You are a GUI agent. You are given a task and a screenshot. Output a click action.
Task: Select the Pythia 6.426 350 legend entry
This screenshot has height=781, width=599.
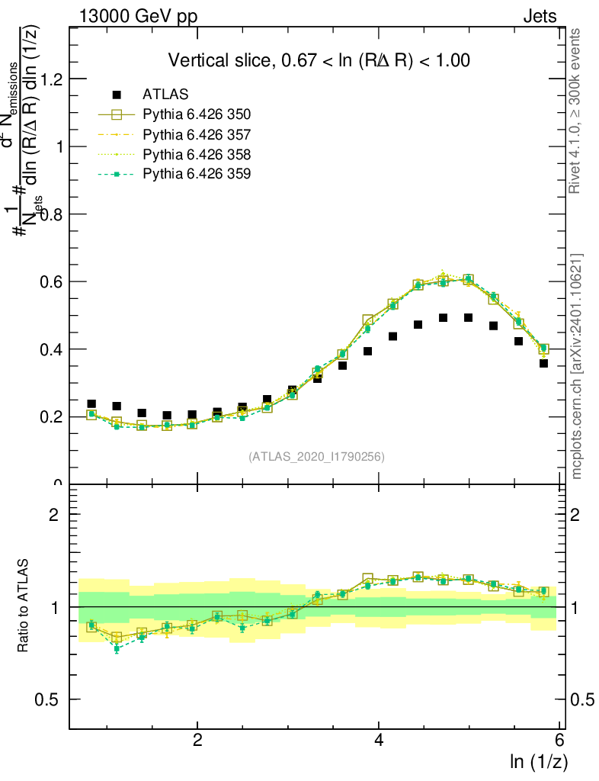coord(197,114)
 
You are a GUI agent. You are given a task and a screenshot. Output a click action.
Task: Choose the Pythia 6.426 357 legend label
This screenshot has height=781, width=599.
coord(197,134)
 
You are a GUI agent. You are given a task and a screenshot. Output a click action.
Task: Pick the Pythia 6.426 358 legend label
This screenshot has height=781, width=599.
coord(197,154)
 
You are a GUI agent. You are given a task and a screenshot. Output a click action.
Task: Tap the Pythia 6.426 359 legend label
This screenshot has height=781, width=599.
coord(197,174)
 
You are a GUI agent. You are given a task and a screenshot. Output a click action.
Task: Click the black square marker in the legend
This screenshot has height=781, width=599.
coord(117,95)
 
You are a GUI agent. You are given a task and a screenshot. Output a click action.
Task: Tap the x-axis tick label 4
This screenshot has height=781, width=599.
coord(379,741)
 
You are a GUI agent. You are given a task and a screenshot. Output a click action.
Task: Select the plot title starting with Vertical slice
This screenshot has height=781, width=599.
coord(319,60)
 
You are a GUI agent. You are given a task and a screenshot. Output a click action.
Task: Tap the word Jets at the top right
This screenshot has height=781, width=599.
coord(540,16)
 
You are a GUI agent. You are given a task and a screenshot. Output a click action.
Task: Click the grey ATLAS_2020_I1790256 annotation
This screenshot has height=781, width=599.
coord(316,457)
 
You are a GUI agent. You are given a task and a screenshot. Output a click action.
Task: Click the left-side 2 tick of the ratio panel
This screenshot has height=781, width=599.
coord(54,514)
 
